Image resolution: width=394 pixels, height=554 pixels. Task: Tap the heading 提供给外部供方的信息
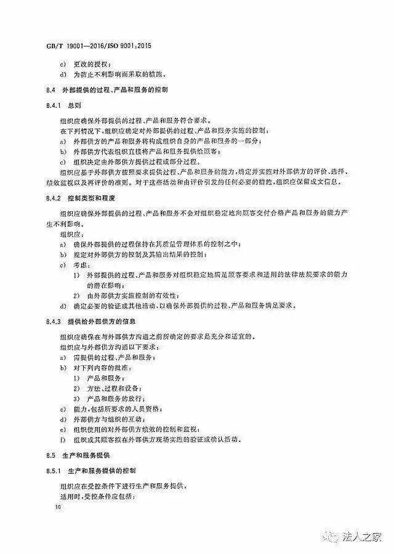102,322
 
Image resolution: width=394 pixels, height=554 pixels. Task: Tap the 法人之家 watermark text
360,537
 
